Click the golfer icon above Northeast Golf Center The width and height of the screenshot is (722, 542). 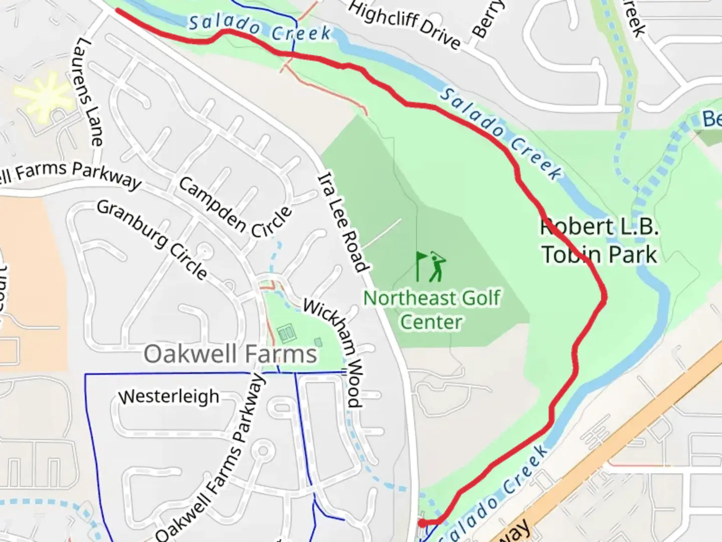coord(437,267)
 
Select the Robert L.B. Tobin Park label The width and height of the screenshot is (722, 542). coord(599,241)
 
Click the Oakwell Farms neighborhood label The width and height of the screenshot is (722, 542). coord(230,354)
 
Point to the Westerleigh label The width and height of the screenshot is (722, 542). coord(169,396)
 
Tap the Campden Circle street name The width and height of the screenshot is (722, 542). coord(235,208)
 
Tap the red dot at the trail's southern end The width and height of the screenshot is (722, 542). coord(423,523)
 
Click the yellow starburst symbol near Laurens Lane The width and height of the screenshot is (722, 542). coord(44,96)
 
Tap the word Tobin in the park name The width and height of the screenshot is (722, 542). coord(572,254)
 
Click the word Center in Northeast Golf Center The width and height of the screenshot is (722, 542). coord(431,322)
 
